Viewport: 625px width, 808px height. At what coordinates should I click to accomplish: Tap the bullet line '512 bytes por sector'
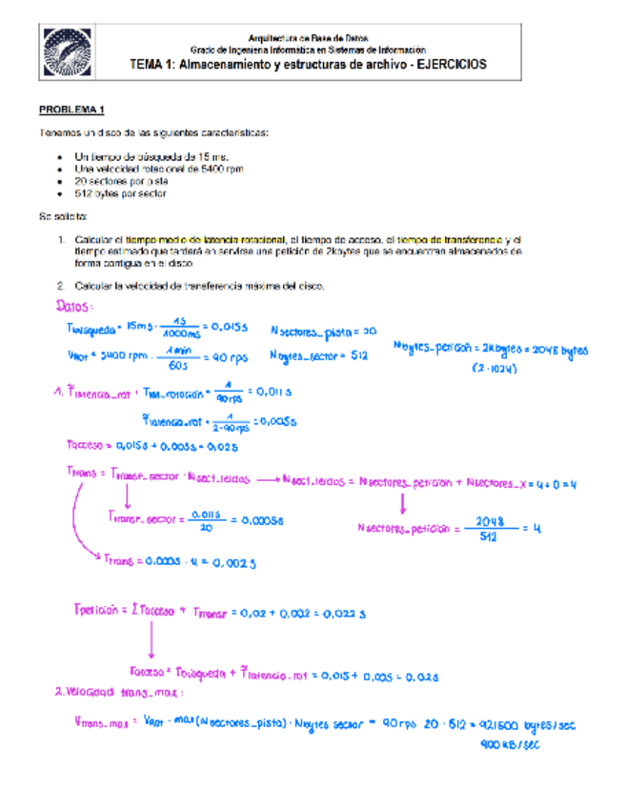tap(120, 193)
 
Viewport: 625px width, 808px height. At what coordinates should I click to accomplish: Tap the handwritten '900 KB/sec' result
tap(511, 745)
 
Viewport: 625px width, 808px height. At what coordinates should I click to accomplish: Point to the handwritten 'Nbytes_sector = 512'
tap(319, 356)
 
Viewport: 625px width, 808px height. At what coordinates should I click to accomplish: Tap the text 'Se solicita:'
tap(64, 217)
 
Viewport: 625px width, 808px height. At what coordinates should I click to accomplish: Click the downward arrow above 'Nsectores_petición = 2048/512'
tap(402, 502)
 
